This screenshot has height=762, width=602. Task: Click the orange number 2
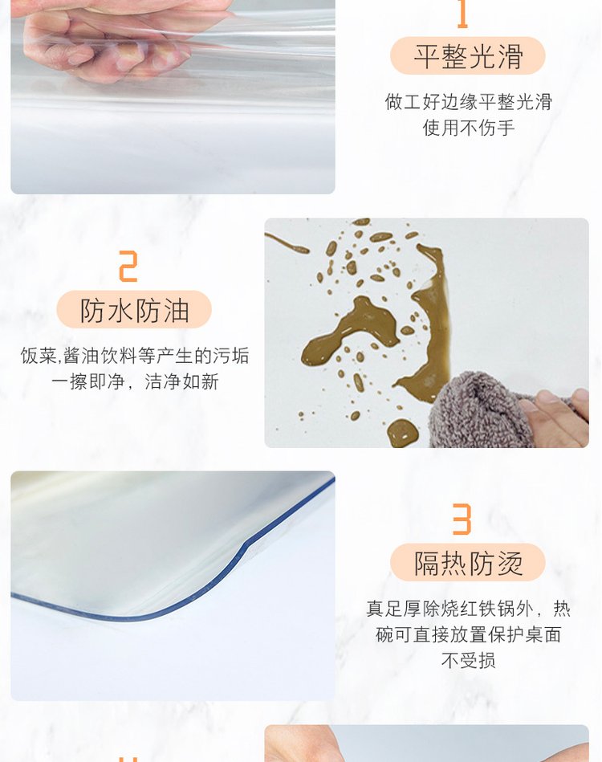pos(128,267)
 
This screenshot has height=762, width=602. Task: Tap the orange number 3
pos(462,519)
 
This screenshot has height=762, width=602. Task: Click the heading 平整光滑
pos(468,56)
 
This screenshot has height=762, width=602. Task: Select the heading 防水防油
pos(134,310)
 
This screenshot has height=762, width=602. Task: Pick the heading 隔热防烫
pos(468,563)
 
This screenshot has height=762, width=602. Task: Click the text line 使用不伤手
pos(469,128)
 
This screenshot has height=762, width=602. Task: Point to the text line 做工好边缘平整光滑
pos(469,102)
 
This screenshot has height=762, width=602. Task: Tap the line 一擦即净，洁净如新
pos(135,381)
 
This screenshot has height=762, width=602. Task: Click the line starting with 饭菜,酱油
pos(135,356)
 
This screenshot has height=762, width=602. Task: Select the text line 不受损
pos(469,660)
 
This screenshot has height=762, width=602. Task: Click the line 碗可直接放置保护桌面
pos(469,634)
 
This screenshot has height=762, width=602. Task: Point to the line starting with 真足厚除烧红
pos(469,609)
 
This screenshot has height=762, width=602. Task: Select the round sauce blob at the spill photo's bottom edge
pos(402,432)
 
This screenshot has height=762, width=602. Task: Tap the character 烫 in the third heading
pos(510,563)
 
